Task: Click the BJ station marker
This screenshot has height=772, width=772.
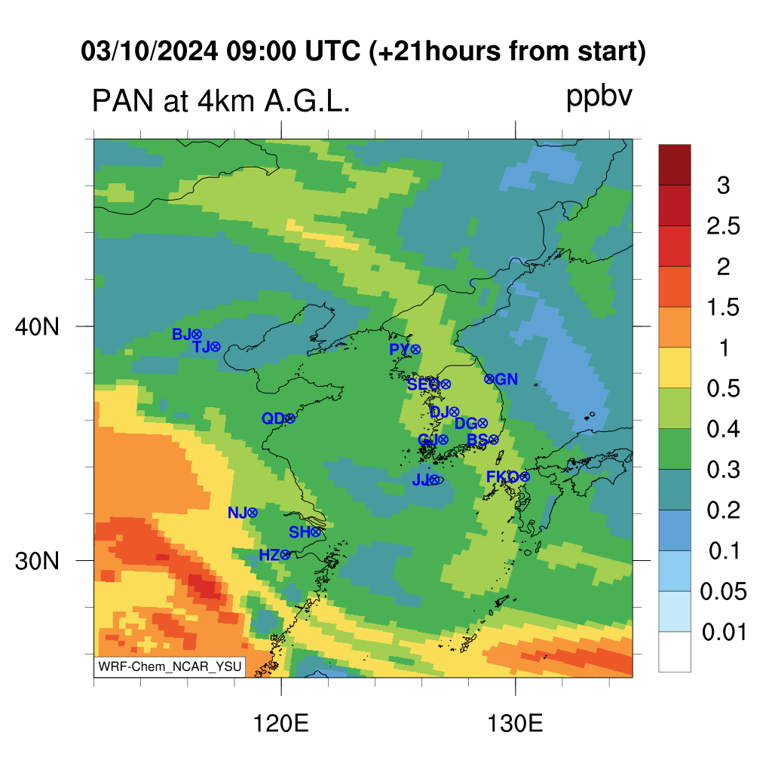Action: [197, 335]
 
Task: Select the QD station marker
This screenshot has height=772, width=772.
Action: [290, 418]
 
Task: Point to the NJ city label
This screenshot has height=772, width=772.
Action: [237, 513]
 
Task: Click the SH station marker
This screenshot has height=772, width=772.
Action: [316, 532]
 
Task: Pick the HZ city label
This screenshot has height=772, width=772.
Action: [269, 556]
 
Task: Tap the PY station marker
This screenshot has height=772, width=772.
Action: [415, 350]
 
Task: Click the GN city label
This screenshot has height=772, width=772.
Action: [506, 379]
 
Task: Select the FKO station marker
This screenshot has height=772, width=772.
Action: [525, 476]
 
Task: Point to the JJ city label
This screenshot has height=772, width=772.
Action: [421, 479]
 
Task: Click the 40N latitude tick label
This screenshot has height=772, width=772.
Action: [37, 326]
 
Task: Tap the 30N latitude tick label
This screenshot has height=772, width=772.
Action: [37, 561]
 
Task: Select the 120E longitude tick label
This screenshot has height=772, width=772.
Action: [280, 724]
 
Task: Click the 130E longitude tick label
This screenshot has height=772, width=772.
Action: [515, 724]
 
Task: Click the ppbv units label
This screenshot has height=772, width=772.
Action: [599, 97]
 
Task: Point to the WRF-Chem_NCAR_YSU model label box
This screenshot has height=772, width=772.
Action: [170, 666]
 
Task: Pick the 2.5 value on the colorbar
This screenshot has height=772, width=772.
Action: [723, 226]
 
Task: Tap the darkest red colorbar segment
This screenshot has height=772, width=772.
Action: [675, 164]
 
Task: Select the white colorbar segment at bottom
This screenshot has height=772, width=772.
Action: [675, 651]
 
